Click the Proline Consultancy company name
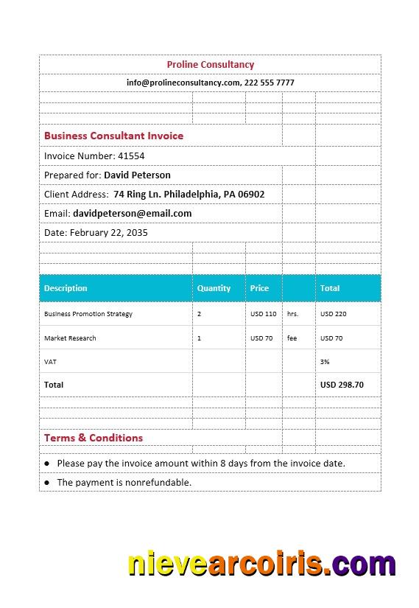coord(210,65)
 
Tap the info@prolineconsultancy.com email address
coord(183,83)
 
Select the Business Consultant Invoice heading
coord(113,136)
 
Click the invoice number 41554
coord(131,156)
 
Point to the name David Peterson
coord(137,175)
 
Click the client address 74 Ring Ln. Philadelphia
coord(189,194)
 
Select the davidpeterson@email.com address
coord(132,213)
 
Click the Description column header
coord(66,288)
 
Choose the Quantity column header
coord(214,288)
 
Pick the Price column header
coord(259,288)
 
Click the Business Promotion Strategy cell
coord(88,314)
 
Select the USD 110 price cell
coord(263,314)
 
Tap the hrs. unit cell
coord(292,314)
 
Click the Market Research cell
coord(70,338)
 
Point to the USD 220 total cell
coord(333,314)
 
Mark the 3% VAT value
coord(325,362)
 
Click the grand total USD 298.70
coord(342,385)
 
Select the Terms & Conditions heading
coord(94,438)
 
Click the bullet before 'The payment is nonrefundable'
coord(47,483)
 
